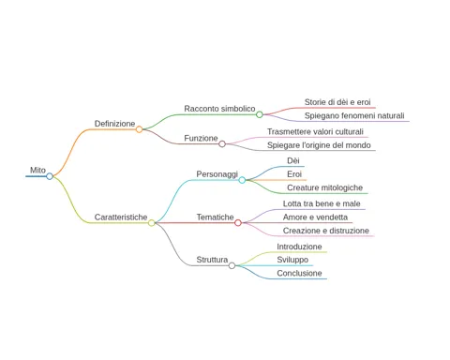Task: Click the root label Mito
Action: point(37,170)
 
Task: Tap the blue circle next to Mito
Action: point(50,176)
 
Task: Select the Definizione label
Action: point(114,124)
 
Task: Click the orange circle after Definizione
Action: point(139,129)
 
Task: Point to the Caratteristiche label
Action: point(121,217)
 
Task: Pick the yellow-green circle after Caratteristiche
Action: point(152,223)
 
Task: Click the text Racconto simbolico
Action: point(219,109)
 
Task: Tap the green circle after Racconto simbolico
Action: point(260,114)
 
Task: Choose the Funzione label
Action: point(201,138)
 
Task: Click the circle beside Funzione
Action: point(222,143)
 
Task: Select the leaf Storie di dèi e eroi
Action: point(337,102)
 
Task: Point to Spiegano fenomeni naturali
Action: point(354,115)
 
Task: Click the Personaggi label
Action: point(217,174)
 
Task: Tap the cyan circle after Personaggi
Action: point(242,180)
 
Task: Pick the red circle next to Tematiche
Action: point(238,223)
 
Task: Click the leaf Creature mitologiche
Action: point(325,187)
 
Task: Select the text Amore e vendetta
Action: point(315,217)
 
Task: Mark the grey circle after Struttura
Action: point(232,265)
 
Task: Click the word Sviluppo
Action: point(292,260)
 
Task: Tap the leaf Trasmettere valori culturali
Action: point(315,131)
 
